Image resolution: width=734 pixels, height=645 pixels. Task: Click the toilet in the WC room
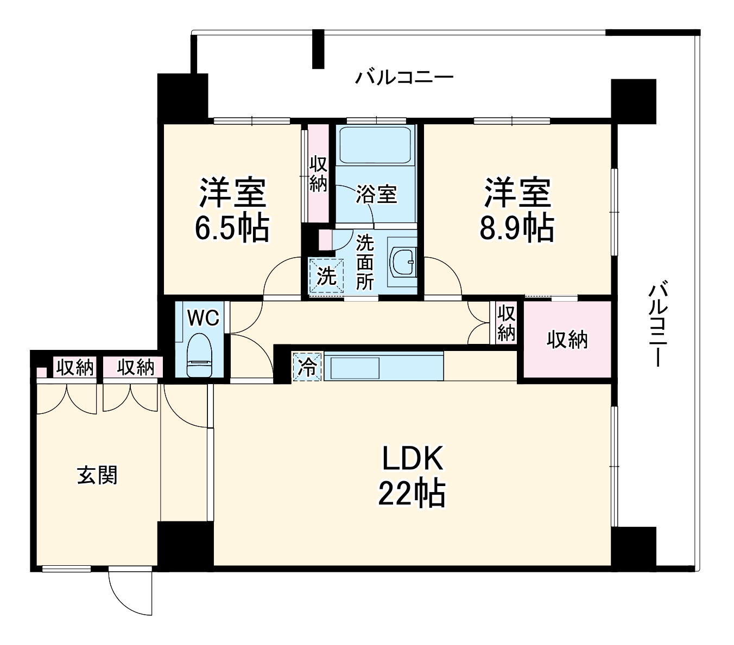tap(199, 355)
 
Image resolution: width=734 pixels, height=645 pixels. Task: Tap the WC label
tap(203, 318)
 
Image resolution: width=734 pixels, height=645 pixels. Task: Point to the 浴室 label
tap(376, 194)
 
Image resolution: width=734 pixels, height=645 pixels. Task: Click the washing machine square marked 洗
tap(326, 276)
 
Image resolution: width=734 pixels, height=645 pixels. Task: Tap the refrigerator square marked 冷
tap(307, 367)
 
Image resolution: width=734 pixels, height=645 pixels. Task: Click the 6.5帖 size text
tap(232, 229)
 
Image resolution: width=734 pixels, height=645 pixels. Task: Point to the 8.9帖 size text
tap(516, 229)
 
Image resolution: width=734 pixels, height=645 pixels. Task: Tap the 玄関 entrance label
tap(97, 475)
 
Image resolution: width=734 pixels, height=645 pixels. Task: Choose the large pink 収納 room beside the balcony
tap(567, 340)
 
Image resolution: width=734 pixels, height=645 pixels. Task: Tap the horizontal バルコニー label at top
tap(404, 78)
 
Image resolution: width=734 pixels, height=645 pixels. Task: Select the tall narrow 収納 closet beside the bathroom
tap(318, 174)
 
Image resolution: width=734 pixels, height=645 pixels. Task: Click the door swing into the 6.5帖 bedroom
tap(281, 279)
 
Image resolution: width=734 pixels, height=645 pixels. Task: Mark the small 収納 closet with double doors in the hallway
tap(505, 323)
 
